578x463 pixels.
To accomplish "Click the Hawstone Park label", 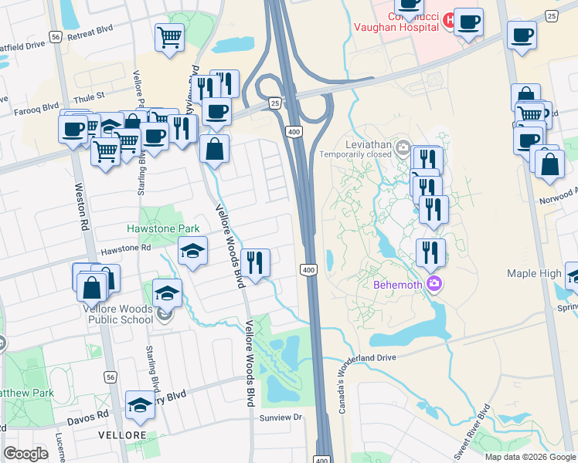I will pos(163,228).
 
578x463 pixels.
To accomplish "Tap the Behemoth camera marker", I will pos(434,284).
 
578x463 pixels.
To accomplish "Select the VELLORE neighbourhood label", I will pos(122,435).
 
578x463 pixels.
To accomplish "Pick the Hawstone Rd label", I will pos(125,248).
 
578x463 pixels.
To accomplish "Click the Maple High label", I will pos(534,274).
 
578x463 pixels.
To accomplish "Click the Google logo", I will pos(25,454).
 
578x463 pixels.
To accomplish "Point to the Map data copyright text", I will pos(530,457).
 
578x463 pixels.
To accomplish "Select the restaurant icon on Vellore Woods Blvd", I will pos(255,262).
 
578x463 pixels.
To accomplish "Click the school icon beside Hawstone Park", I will pos(193,250).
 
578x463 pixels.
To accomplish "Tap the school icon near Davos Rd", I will pos(140,404).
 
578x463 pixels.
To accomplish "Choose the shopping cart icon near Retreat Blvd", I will pos(169,36).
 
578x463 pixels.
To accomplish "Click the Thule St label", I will pos(90,97).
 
